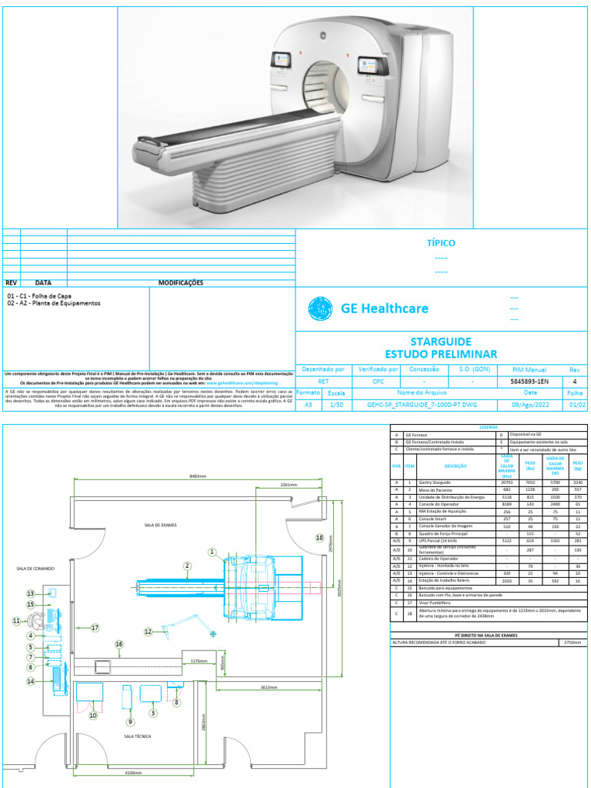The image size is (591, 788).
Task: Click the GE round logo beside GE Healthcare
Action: click(320, 309)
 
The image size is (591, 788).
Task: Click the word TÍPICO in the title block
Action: click(441, 243)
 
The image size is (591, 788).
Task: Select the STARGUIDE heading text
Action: click(441, 341)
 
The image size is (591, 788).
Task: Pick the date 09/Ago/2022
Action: click(530, 403)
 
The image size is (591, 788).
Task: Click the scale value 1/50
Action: click(336, 403)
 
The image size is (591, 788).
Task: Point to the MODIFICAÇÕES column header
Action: click(181, 282)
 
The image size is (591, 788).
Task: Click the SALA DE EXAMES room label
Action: click(159, 525)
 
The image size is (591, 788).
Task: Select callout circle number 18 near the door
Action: click(319, 539)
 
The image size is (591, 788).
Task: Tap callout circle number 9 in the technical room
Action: click(130, 722)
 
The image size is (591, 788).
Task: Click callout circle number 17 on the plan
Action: click(95, 628)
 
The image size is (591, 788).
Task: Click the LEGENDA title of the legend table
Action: click(488, 426)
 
